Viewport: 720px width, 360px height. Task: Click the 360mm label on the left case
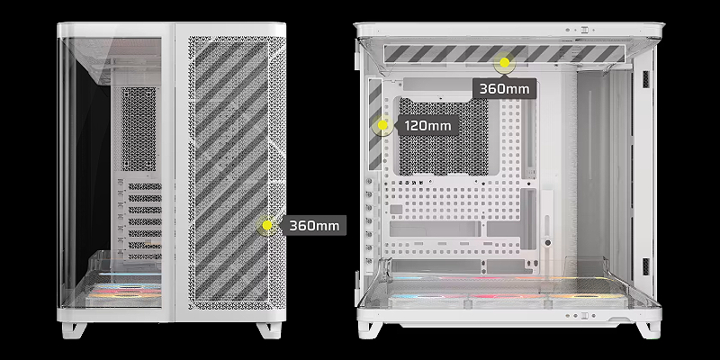[313, 226]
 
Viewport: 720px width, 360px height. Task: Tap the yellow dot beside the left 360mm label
[267, 225]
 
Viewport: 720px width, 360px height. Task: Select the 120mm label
[428, 125]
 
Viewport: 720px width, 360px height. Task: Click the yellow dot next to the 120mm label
[382, 125]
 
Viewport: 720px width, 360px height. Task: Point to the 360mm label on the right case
[504, 88]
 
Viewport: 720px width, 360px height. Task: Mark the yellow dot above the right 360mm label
[504, 62]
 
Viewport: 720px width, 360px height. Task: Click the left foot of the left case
[74, 329]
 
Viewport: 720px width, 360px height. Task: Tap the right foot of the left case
[269, 329]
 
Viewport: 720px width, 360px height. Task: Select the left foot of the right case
[370, 329]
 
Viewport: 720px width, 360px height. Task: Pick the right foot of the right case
[648, 329]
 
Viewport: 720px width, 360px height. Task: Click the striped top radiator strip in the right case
[504, 54]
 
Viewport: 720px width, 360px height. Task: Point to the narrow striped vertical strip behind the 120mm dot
[375, 124]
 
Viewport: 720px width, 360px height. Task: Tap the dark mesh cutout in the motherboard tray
[444, 136]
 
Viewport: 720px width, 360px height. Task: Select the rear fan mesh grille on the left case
[139, 129]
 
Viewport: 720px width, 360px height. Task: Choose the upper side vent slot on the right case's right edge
[646, 79]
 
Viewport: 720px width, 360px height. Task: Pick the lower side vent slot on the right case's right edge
[646, 266]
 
